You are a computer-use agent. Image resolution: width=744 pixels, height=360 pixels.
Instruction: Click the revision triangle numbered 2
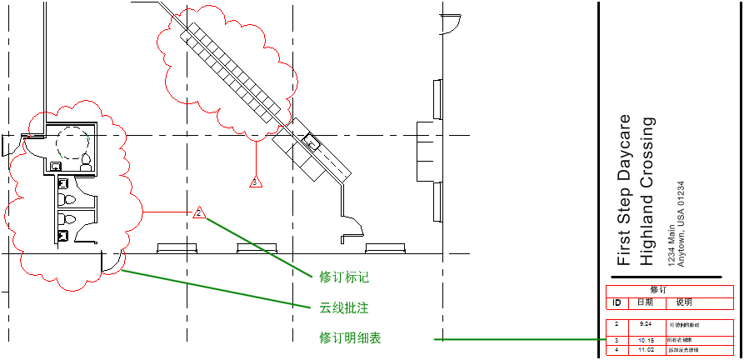(199, 213)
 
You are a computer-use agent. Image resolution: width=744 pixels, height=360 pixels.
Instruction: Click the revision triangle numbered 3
(257, 181)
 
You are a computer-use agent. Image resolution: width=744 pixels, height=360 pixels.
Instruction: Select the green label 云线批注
(344, 308)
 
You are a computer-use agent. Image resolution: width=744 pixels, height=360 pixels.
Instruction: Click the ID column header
(617, 302)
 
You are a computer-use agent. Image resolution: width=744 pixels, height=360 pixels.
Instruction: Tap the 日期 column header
(645, 302)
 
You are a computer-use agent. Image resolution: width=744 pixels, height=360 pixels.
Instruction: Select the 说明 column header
(683, 302)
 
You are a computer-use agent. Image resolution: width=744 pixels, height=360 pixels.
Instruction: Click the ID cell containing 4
(617, 350)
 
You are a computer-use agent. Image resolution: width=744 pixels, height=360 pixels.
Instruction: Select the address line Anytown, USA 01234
(682, 223)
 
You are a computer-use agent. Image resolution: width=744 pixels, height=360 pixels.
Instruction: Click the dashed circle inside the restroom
(72, 143)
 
